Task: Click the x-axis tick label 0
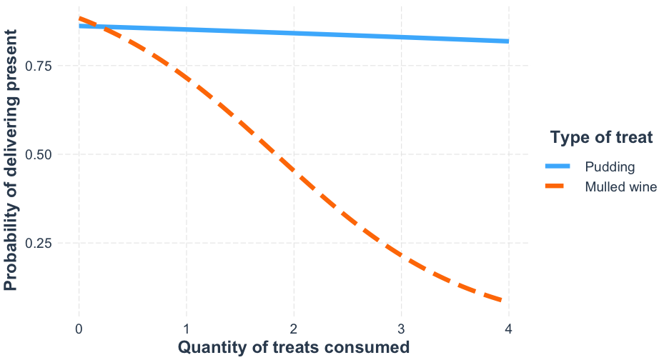79,329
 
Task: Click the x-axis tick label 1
187,329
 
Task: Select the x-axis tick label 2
294,329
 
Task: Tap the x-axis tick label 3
401,329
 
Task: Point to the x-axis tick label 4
508,329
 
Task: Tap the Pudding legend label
610,167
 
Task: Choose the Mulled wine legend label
620,187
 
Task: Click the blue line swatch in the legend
560,167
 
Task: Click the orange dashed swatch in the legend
560,187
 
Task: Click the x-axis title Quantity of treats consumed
293,348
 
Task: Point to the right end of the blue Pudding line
507,41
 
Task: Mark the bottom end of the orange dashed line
506,301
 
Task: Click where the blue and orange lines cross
96,27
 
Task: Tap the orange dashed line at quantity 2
294,169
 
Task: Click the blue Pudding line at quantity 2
294,33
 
